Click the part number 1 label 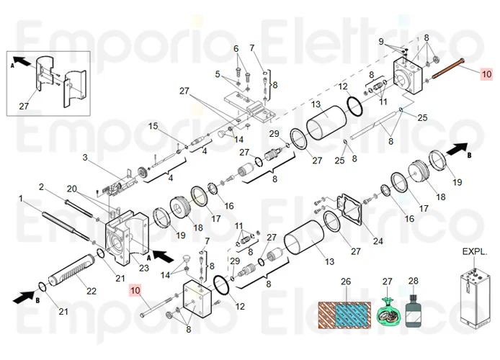[22, 198]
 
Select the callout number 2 [42, 187]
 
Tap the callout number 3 [84, 157]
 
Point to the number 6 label [235, 49]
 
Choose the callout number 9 [382, 42]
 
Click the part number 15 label [153, 127]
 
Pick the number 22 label [91, 291]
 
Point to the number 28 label [413, 280]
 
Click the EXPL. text [475, 253]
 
